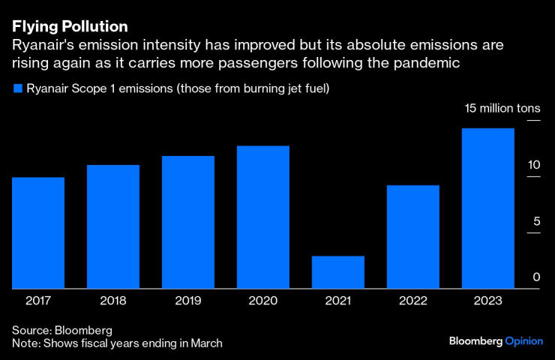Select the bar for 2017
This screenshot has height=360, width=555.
point(38,232)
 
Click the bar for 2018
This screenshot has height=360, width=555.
point(113,226)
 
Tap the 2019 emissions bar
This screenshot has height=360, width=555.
point(188,222)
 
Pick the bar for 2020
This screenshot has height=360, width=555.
point(263,217)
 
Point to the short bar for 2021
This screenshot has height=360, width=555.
point(338,272)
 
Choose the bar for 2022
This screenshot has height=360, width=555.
point(413,236)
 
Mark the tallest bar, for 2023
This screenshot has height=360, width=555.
point(488,208)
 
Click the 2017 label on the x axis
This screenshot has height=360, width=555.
point(38,301)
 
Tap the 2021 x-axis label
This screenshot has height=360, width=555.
point(338,301)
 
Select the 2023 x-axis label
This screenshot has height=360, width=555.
point(488,301)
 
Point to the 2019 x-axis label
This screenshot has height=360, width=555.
point(188,301)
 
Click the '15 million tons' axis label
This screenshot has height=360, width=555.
point(502,109)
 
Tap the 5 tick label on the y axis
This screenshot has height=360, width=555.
point(536,221)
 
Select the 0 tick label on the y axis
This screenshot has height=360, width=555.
point(536,277)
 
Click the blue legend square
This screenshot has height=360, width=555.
point(16,89)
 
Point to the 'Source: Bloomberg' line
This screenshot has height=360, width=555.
point(62,330)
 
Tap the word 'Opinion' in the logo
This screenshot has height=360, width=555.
point(523,341)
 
